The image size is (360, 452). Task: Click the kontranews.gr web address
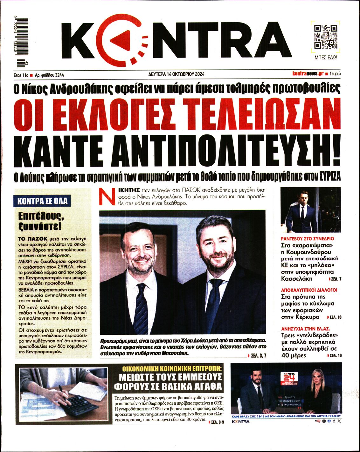[x=308, y=74]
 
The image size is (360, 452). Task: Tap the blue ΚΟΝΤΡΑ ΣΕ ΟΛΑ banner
[x=43, y=201]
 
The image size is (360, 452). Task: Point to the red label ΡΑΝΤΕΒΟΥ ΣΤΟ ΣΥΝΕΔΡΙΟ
[x=308, y=238]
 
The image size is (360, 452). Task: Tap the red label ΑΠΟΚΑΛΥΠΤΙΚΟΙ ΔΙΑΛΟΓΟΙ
[x=309, y=290]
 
